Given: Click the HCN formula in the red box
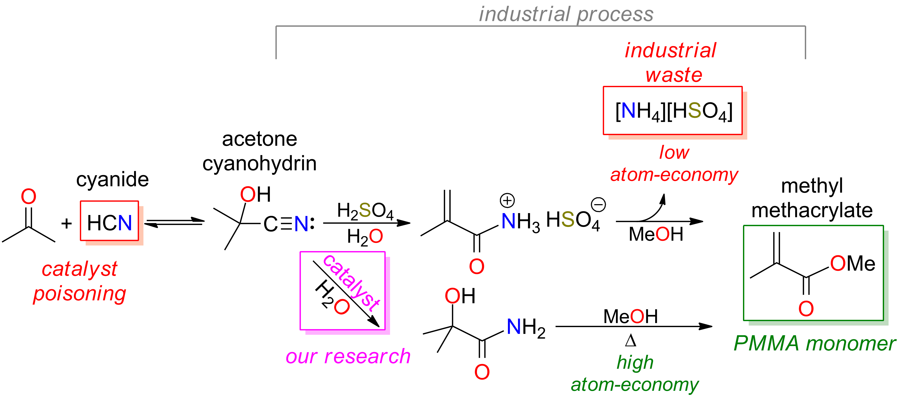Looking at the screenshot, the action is click(x=109, y=222).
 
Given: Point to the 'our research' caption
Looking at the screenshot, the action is click(x=348, y=357).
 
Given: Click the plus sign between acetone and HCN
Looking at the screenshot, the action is click(x=66, y=223).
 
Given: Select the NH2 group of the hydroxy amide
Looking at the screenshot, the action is click(x=526, y=328).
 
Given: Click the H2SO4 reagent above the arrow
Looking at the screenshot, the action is click(x=365, y=211).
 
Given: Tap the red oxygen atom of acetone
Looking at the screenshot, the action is click(x=29, y=197).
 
